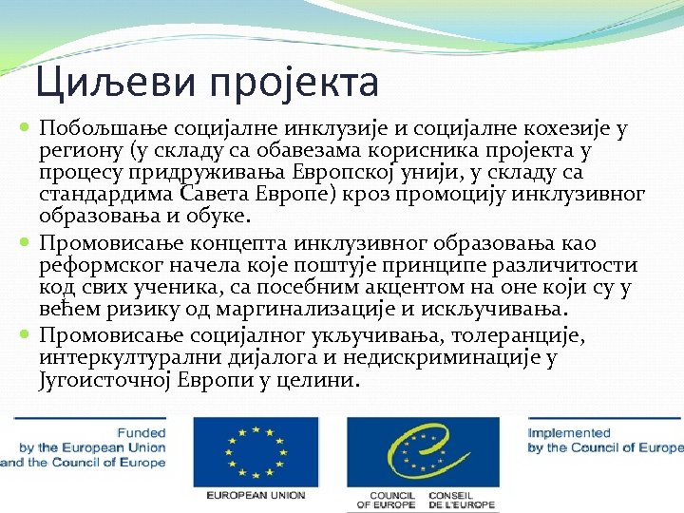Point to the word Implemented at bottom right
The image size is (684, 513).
click(x=570, y=432)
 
